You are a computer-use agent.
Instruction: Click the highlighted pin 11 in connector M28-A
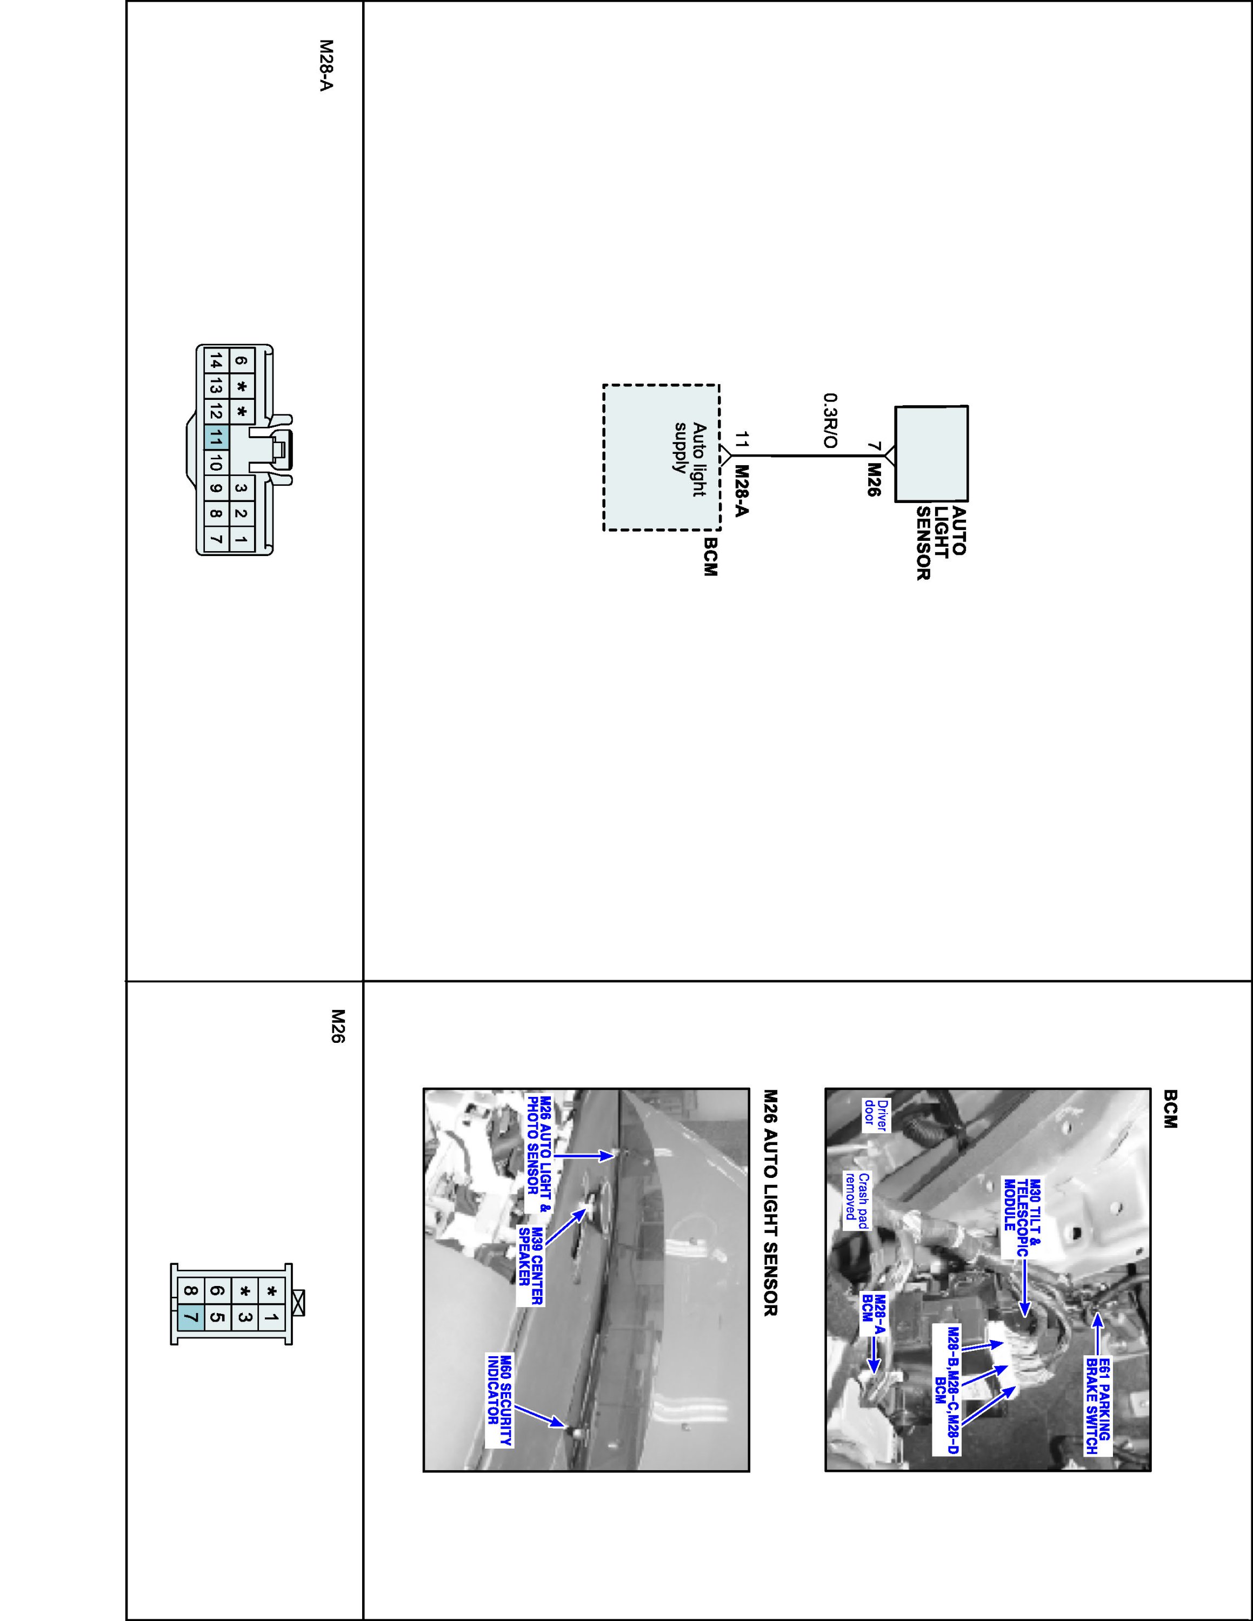point(215,438)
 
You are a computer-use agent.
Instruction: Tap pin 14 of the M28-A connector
point(215,361)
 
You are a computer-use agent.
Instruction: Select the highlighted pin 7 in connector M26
point(191,1318)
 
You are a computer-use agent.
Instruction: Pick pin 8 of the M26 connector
point(191,1292)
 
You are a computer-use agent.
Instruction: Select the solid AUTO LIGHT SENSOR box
point(931,453)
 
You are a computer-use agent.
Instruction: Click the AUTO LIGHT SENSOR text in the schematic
point(941,542)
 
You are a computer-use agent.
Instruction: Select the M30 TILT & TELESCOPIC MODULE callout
point(1020,1215)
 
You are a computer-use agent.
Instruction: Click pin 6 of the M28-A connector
point(241,361)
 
